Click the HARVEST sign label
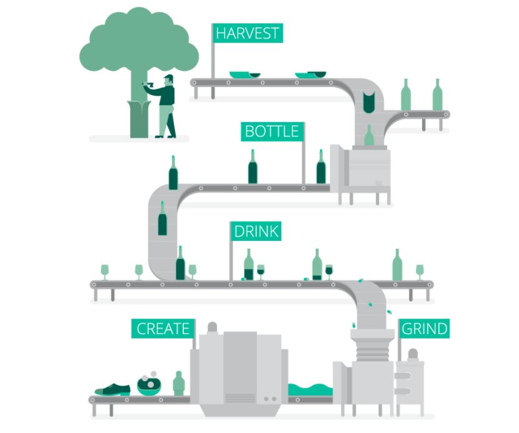[248, 33]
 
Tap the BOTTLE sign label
[273, 131]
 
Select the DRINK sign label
[254, 231]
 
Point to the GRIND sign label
[424, 329]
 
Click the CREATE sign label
[163, 329]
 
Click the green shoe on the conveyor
[113, 389]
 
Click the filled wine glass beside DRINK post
[261, 270]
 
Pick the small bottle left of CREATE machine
[179, 383]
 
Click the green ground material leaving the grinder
[309, 389]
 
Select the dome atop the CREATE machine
[211, 327]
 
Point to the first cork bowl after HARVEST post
[244, 75]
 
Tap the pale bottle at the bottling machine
[369, 136]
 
